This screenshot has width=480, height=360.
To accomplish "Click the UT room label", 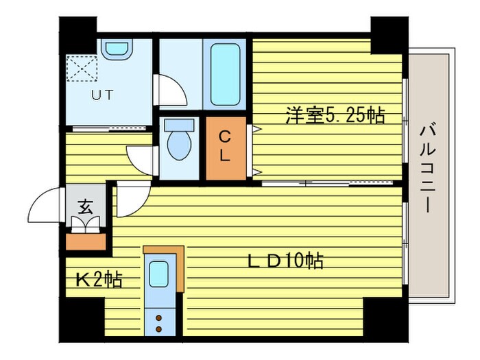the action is (x=103, y=95).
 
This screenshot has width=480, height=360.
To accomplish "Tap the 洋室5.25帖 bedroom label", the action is (x=335, y=115).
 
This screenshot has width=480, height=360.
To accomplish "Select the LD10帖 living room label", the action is (x=285, y=261).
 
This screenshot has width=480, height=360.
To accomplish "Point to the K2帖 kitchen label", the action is (x=99, y=280).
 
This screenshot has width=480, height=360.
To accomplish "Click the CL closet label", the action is (x=225, y=146).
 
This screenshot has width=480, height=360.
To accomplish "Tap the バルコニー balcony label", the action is (x=427, y=168).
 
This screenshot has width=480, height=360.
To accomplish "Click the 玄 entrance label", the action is (x=86, y=207).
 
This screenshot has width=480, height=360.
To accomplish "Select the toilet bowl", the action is (x=180, y=140).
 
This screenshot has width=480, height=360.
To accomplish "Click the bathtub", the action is (x=225, y=74).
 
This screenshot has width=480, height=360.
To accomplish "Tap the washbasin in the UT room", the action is (x=117, y=49).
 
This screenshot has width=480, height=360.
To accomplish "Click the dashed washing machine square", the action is (x=82, y=69).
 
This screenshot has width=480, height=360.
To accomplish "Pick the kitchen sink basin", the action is (x=158, y=274).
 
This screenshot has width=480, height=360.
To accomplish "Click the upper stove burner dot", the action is (x=158, y=318).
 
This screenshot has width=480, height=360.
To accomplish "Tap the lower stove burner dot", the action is (x=158, y=329).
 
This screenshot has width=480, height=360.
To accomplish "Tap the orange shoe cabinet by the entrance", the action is (x=86, y=242).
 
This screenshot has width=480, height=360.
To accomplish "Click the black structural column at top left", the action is (x=77, y=35).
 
